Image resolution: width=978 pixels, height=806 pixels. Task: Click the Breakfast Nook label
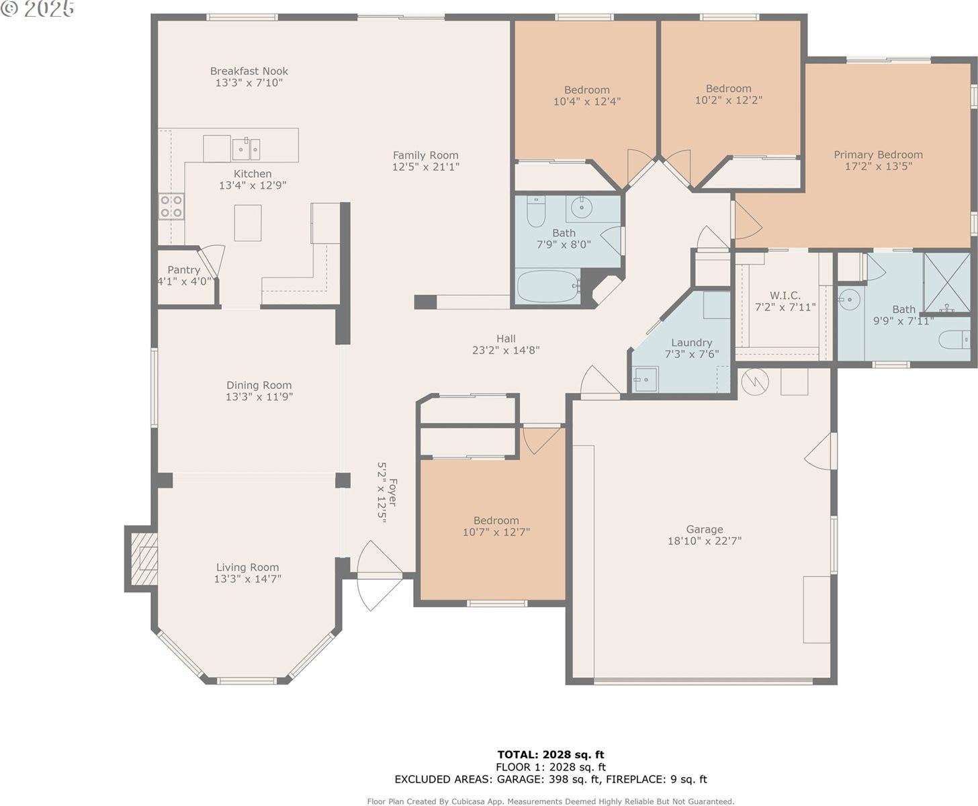click(249, 71)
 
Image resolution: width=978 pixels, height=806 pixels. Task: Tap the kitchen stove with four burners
click(171, 206)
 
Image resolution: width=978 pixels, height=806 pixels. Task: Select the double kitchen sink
click(246, 149)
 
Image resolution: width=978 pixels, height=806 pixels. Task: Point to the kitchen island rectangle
click(248, 223)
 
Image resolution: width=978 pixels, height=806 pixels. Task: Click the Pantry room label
click(183, 270)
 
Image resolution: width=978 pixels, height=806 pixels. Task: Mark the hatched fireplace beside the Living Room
click(144, 558)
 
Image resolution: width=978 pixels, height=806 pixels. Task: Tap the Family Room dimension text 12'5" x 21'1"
click(426, 167)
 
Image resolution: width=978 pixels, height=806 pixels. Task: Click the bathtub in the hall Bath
click(547, 285)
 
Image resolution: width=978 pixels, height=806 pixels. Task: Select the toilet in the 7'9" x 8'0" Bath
click(536, 211)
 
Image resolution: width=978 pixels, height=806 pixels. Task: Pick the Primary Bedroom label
click(878, 154)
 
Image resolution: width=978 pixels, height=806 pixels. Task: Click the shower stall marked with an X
click(946, 283)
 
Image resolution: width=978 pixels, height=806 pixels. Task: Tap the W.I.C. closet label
click(785, 296)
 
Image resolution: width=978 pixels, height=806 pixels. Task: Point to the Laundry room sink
click(646, 379)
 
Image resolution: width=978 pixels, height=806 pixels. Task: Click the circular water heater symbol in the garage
click(755, 381)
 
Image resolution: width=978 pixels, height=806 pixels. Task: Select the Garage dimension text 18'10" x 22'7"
click(705, 541)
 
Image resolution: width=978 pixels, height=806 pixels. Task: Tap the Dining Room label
click(259, 385)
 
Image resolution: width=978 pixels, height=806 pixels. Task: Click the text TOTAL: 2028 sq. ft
click(551, 754)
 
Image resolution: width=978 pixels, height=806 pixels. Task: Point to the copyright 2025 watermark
click(38, 9)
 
